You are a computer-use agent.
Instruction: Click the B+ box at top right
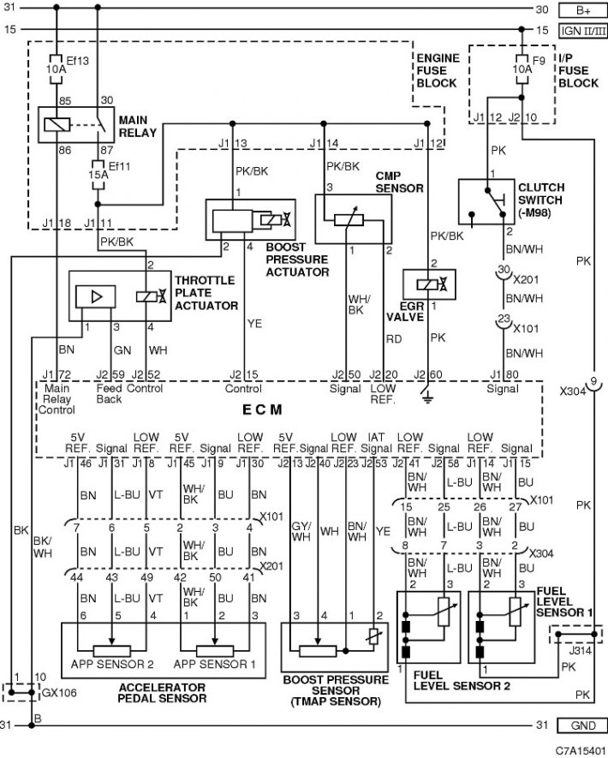point(583,10)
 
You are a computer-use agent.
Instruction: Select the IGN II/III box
point(583,31)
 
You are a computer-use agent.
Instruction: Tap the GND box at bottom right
point(583,725)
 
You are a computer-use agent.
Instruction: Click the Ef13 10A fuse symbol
point(57,69)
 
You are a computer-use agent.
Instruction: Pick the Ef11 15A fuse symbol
point(98,174)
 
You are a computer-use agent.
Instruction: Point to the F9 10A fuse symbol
point(522,69)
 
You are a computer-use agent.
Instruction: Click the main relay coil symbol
point(57,125)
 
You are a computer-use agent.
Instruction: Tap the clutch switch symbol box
point(486,201)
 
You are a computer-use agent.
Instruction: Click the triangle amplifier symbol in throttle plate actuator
point(96,296)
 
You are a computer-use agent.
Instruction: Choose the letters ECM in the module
point(262,410)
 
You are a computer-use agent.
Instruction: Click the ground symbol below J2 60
point(427,397)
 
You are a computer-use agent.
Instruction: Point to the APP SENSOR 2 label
point(112,665)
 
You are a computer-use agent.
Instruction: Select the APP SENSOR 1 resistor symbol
point(215,651)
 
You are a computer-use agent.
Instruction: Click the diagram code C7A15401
point(580,750)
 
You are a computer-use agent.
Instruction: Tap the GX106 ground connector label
point(59,693)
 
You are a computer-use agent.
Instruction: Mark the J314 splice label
point(580,650)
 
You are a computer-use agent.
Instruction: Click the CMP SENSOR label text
point(399,182)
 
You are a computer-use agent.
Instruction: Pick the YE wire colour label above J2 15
point(254,324)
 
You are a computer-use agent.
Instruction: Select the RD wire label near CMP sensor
point(394,339)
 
